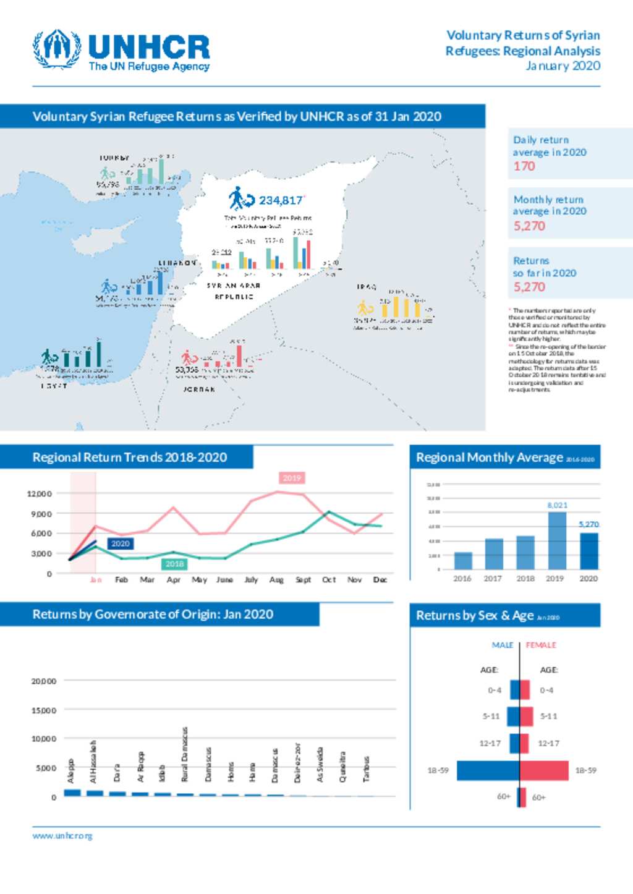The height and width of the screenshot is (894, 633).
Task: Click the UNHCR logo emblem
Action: click(x=57, y=49)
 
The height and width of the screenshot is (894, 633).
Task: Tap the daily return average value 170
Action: click(x=524, y=166)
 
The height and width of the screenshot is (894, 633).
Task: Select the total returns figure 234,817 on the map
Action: click(x=281, y=200)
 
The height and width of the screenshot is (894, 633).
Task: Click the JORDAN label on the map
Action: click(x=199, y=390)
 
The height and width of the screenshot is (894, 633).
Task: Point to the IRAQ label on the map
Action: click(x=367, y=287)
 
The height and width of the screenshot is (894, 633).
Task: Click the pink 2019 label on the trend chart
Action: click(x=292, y=478)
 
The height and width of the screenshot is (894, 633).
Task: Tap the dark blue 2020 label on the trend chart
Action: click(x=120, y=543)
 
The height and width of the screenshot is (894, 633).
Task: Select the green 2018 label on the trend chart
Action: click(x=174, y=564)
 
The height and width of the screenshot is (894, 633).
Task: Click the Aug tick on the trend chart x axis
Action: click(x=276, y=580)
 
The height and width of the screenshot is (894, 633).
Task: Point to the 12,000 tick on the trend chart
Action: click(x=40, y=493)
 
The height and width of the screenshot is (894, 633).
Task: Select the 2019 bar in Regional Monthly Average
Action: click(x=557, y=540)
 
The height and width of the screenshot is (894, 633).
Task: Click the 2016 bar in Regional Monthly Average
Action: click(x=463, y=560)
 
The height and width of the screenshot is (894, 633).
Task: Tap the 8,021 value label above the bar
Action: click(x=557, y=505)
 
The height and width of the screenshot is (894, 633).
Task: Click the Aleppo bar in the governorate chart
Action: click(x=72, y=793)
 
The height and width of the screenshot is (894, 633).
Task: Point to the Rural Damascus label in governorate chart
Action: click(x=184, y=754)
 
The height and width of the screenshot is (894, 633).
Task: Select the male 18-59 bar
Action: click(x=488, y=770)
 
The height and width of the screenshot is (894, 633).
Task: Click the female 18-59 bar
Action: click(x=544, y=770)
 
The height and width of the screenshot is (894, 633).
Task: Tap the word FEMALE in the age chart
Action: click(x=541, y=645)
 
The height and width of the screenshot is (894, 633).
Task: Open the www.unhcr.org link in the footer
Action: click(x=62, y=836)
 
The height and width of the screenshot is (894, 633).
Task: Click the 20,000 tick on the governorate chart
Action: click(x=44, y=681)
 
